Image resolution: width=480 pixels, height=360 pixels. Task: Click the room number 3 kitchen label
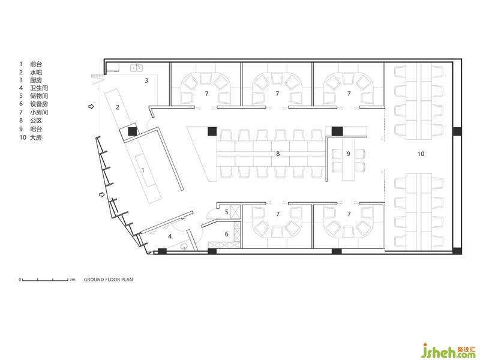[146, 80]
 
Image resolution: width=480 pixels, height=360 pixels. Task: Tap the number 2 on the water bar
[118, 107]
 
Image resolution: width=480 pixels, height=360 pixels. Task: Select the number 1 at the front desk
[143, 170]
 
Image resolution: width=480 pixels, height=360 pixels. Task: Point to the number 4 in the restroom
[170, 236]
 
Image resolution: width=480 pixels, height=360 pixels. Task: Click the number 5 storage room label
[227, 212]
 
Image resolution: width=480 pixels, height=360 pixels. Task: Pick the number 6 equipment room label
[227, 234]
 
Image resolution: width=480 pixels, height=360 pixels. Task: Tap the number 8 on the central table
[278, 154]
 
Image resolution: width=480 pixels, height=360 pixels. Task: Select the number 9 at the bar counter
[349, 154]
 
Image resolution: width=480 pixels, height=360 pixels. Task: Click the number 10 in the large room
[421, 154]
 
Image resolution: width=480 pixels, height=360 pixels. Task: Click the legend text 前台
[36, 64]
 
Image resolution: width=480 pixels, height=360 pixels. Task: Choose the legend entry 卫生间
[39, 88]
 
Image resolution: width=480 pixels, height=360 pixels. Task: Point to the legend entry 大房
[36, 137]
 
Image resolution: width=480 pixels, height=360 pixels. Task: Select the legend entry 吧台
[36, 129]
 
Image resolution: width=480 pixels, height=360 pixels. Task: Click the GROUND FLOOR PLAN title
[109, 280]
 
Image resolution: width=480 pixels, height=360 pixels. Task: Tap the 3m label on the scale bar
[72, 279]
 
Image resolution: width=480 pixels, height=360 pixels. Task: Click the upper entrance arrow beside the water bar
[91, 107]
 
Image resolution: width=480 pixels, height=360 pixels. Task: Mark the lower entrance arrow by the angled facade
[101, 194]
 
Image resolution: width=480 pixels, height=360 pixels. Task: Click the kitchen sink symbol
[137, 68]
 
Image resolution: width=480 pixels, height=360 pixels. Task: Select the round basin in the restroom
[184, 247]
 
